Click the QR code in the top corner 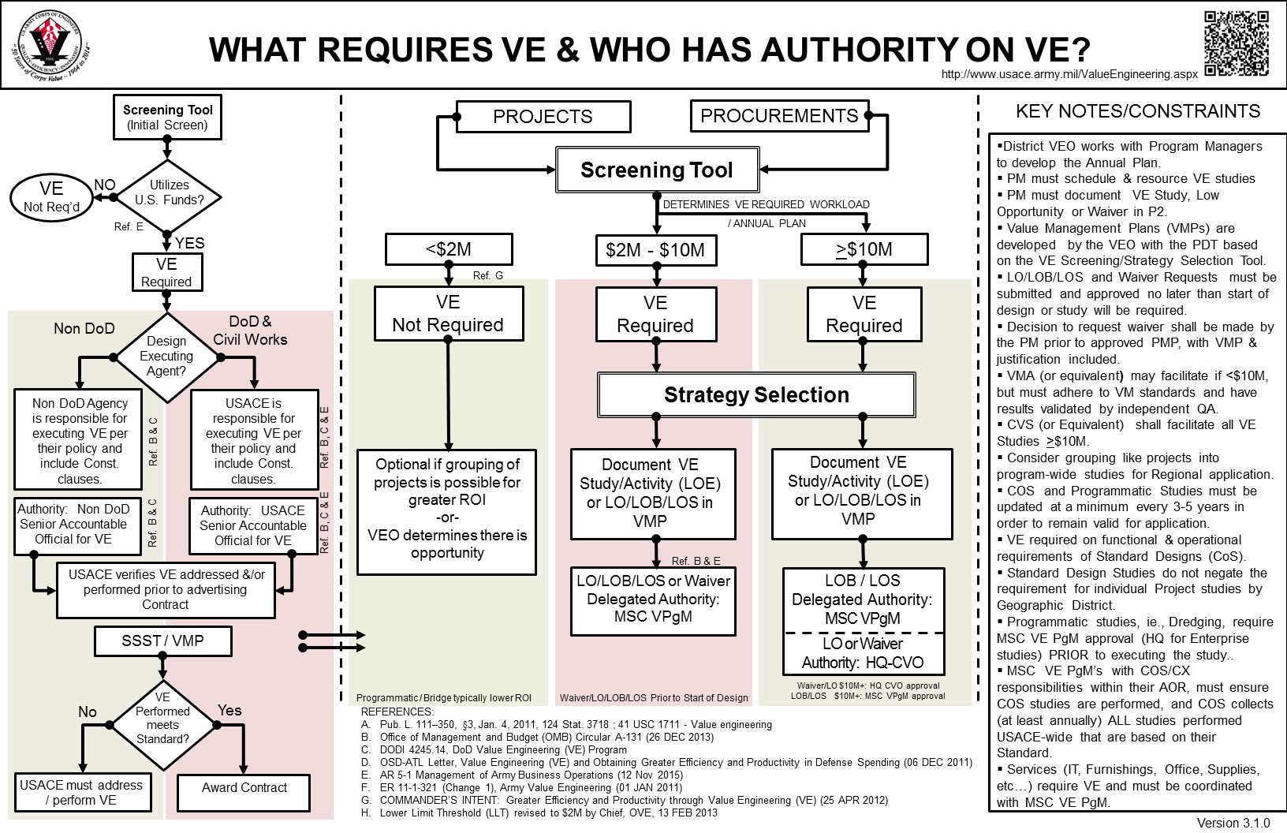pyautogui.click(x=1237, y=44)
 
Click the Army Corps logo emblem pyautogui.click(x=51, y=44)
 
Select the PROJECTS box pyautogui.click(x=543, y=117)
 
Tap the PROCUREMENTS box pyautogui.click(x=779, y=116)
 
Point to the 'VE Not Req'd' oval pyautogui.click(x=51, y=196)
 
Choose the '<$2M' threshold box pyautogui.click(x=448, y=250)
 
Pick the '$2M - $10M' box pyautogui.click(x=655, y=250)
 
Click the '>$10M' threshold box pyautogui.click(x=864, y=250)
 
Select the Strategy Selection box pyautogui.click(x=756, y=394)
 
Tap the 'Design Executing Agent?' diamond pyautogui.click(x=166, y=356)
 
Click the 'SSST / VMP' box pyautogui.click(x=162, y=641)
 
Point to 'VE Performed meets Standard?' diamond pyautogui.click(x=162, y=718)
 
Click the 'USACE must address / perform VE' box pyautogui.click(x=81, y=793)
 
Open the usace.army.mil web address pyautogui.click(x=1069, y=74)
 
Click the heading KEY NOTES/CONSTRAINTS pyautogui.click(x=1138, y=111)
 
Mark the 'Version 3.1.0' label pyautogui.click(x=1233, y=823)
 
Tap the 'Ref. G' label pyautogui.click(x=487, y=275)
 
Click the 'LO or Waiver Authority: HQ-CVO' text pyautogui.click(x=863, y=653)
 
